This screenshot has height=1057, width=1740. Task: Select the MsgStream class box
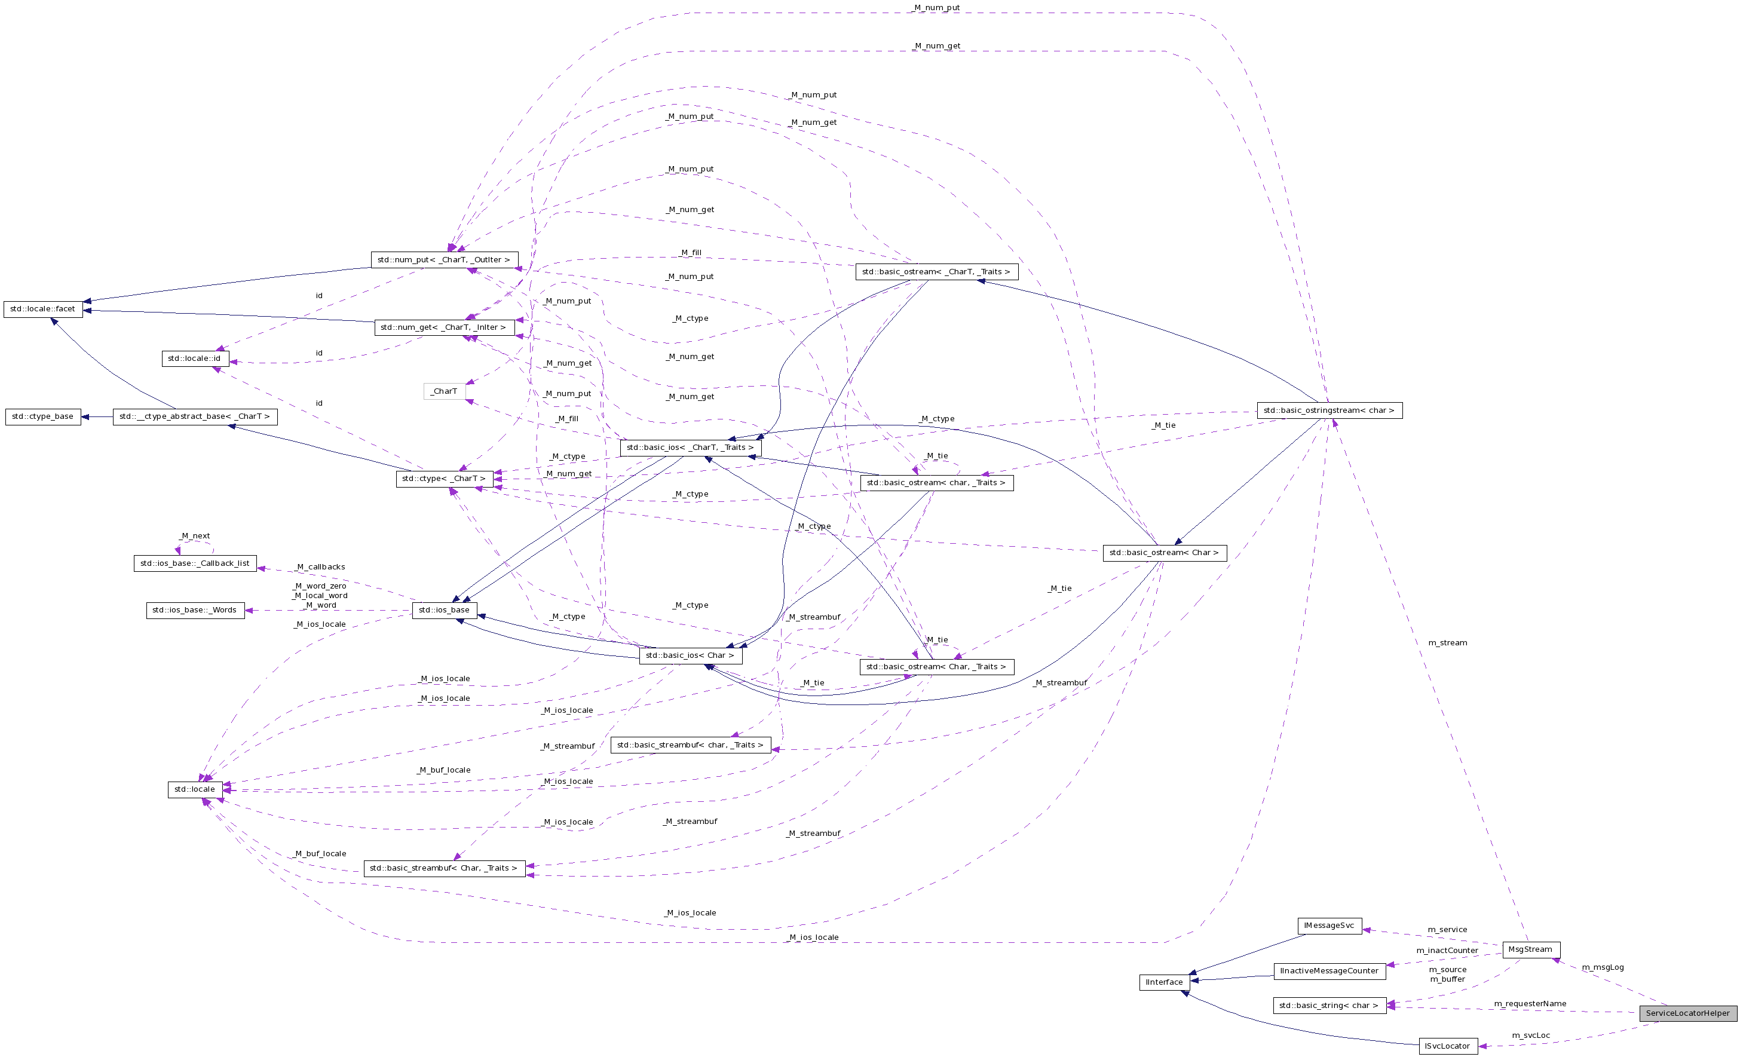tap(1530, 949)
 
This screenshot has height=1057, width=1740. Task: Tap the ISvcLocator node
tap(1447, 1046)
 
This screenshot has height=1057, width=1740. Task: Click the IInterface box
tap(1164, 982)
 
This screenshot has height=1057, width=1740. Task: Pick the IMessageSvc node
tap(1329, 926)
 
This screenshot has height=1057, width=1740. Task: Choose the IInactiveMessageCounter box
tap(1329, 971)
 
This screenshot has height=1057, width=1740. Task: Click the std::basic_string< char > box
tap(1328, 1006)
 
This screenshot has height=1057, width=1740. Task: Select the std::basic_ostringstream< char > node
tap(1329, 410)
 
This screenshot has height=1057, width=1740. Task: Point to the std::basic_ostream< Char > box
tap(1164, 553)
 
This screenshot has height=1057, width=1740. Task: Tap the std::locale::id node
tap(194, 359)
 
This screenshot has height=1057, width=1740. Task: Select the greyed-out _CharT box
tap(444, 391)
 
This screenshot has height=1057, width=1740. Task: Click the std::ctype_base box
tap(42, 416)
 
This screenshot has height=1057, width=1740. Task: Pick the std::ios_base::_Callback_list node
tap(195, 563)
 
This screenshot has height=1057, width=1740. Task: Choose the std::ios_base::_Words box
tap(195, 610)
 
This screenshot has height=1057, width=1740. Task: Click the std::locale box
tap(195, 789)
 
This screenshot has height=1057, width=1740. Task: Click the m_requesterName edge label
tap(1530, 1004)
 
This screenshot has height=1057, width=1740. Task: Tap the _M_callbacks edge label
tap(321, 567)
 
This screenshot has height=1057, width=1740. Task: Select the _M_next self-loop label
tap(195, 536)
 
